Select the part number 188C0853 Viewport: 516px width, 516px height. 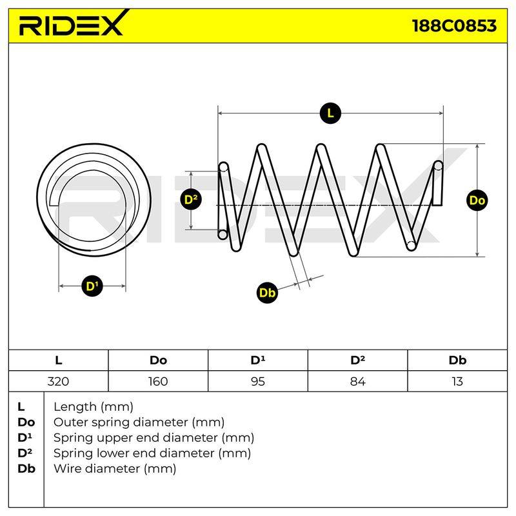(x=454, y=25)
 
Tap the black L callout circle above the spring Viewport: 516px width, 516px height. (x=330, y=114)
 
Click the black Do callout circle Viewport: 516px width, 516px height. (x=477, y=200)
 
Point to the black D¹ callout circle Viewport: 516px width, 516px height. (x=92, y=286)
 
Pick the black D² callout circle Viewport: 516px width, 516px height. (x=191, y=199)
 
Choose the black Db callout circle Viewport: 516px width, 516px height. (x=267, y=293)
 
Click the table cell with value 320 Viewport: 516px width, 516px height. (x=58, y=381)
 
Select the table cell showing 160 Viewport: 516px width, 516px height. (x=158, y=381)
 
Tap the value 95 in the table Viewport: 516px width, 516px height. (x=257, y=381)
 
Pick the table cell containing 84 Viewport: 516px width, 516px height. (x=358, y=381)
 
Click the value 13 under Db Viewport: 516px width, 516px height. (x=457, y=381)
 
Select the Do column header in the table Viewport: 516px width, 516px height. (x=158, y=361)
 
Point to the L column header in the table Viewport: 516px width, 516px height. (x=59, y=361)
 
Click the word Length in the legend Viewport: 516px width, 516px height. (x=75, y=408)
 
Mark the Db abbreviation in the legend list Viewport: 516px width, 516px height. (x=26, y=469)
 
